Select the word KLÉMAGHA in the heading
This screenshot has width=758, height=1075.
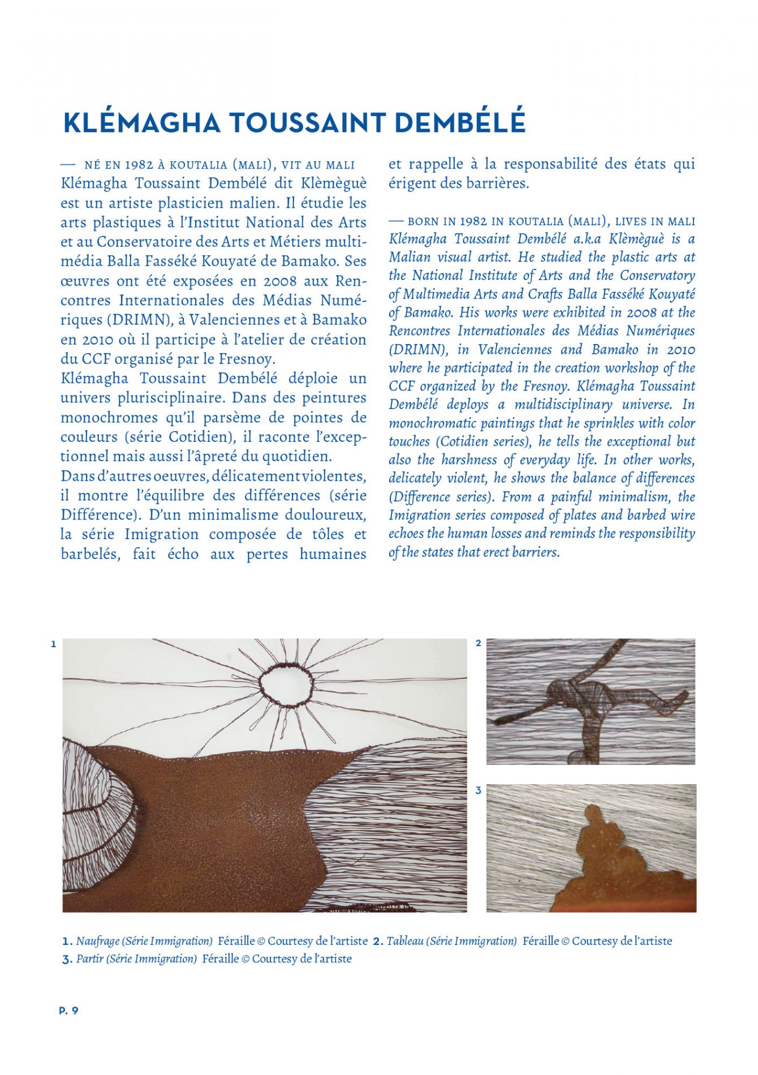(141, 123)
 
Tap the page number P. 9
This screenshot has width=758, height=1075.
(68, 1010)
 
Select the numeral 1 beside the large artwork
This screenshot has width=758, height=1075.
(53, 644)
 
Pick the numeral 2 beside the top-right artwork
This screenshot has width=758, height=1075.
(479, 643)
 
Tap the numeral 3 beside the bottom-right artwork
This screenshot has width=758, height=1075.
(479, 790)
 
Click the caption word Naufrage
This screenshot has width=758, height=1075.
(97, 941)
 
